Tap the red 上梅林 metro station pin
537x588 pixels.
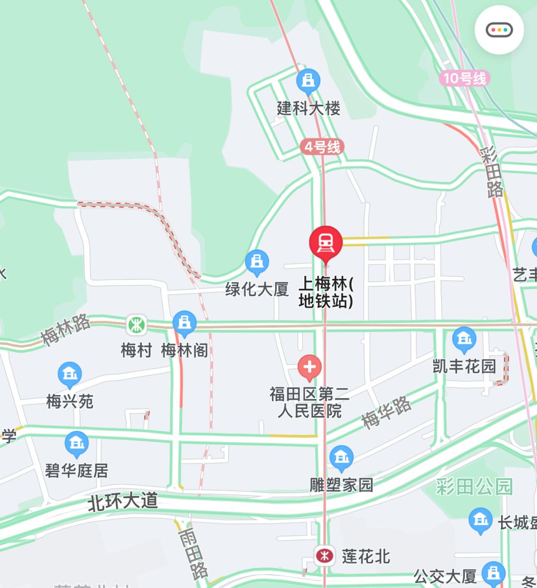click(326, 243)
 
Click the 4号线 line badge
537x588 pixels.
click(322, 147)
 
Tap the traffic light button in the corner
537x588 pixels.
click(499, 30)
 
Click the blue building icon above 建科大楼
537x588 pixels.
click(308, 81)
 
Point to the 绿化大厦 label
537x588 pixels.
click(257, 289)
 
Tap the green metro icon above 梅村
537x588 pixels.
click(136, 325)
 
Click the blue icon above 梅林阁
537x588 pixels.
click(184, 323)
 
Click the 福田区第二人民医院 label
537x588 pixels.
click(309, 403)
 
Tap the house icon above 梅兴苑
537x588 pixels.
click(70, 374)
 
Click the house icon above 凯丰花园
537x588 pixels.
click(464, 339)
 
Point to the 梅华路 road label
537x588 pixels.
click(386, 412)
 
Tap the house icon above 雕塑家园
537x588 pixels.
click(341, 458)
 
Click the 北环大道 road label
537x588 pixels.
click(123, 501)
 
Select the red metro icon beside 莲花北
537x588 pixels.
click(325, 555)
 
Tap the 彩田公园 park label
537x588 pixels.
click(474, 487)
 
